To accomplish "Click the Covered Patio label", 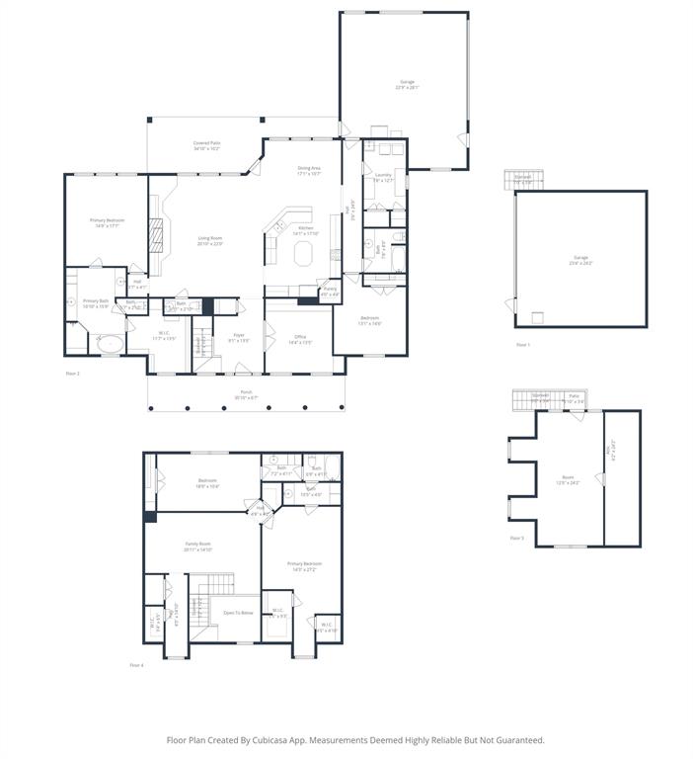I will (x=206, y=145).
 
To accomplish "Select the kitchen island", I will (x=302, y=253).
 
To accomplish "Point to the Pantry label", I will (x=330, y=292).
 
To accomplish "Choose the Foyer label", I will (x=239, y=337).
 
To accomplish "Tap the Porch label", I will (x=246, y=394).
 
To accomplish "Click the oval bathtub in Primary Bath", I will (x=111, y=345).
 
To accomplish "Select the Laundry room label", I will (x=384, y=178).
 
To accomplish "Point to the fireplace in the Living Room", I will (x=155, y=235).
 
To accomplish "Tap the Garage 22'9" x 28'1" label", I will (x=407, y=84).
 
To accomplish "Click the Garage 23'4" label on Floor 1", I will (x=579, y=260).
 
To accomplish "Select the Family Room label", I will (x=198, y=547).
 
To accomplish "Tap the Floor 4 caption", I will (x=136, y=665).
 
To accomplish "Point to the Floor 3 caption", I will (x=517, y=538).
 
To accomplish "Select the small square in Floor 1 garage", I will (x=537, y=317).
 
